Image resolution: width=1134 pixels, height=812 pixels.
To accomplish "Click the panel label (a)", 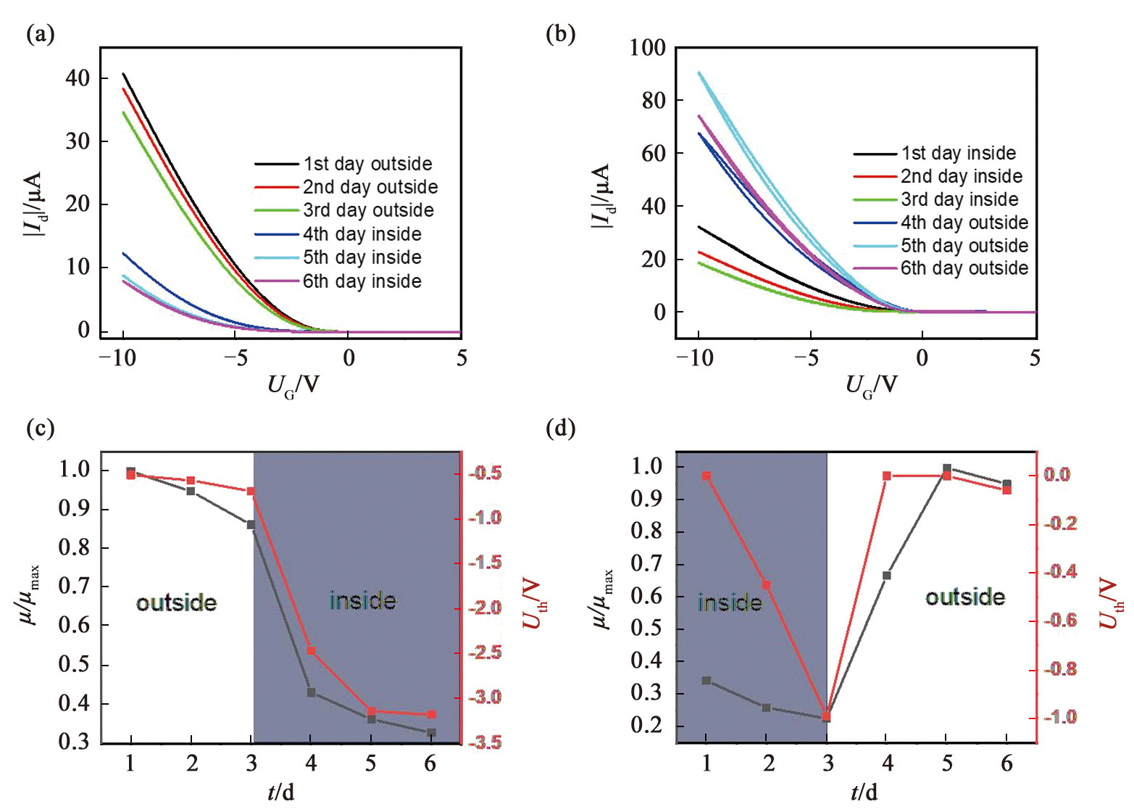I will [40, 34].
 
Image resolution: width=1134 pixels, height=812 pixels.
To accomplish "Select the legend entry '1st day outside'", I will [367, 164].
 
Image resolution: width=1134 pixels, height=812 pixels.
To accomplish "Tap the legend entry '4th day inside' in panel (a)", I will [362, 234].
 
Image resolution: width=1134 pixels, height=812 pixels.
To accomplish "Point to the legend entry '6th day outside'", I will [964, 268].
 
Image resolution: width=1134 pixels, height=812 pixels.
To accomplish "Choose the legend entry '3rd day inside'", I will [959, 199].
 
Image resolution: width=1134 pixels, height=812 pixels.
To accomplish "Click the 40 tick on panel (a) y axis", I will [78, 78].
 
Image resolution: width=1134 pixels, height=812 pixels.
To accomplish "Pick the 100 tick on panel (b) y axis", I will [647, 48].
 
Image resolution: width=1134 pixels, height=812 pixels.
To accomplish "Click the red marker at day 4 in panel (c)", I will [311, 651].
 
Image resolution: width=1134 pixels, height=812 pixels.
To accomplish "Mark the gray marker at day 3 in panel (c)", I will [251, 524].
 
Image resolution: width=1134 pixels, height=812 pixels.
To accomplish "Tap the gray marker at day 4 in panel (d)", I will [886, 576].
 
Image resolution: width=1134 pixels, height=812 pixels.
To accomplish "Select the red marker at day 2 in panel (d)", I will [766, 585].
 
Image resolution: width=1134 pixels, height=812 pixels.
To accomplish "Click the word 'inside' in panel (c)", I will [363, 601].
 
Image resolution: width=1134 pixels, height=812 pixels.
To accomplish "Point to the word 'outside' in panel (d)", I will [965, 597].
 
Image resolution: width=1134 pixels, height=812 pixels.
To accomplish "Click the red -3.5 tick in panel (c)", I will [484, 742].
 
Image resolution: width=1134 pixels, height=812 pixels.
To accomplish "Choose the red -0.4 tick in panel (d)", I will [1059, 572].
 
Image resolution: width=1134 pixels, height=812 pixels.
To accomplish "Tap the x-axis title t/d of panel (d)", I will [864, 792].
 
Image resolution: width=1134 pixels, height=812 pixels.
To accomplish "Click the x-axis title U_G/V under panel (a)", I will [293, 384].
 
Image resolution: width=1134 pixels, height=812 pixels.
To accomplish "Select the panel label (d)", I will [560, 428].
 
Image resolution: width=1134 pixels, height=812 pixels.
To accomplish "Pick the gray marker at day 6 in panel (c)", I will [431, 733].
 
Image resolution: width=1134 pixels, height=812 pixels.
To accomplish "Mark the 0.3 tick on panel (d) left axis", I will [646, 693].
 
